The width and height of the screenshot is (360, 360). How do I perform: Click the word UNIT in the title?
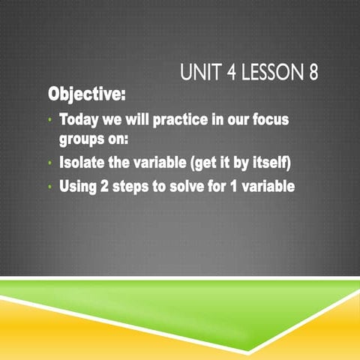pyautogui.click(x=198, y=74)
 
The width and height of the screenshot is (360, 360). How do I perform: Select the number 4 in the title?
pyautogui.click(x=226, y=74)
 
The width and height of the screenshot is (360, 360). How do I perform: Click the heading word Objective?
pyautogui.click(x=87, y=96)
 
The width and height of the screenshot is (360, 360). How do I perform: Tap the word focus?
pyautogui.click(x=271, y=120)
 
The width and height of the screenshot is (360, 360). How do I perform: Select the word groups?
pyautogui.click(x=82, y=139)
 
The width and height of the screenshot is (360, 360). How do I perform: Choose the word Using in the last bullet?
pyautogui.click(x=78, y=186)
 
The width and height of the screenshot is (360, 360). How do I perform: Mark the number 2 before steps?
pyautogui.click(x=103, y=186)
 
